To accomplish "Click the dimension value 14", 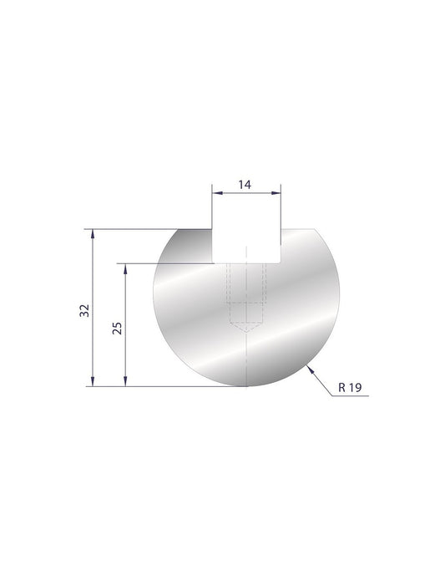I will [x=245, y=184].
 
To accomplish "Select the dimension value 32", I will [x=83, y=310].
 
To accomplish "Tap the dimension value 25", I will [x=116, y=327].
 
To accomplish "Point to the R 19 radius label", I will [x=350, y=388].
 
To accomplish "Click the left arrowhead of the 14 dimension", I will [x=214, y=193].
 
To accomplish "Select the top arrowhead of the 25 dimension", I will [x=125, y=268].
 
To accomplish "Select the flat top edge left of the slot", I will [x=194, y=229].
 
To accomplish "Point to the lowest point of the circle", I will [x=247, y=387].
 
